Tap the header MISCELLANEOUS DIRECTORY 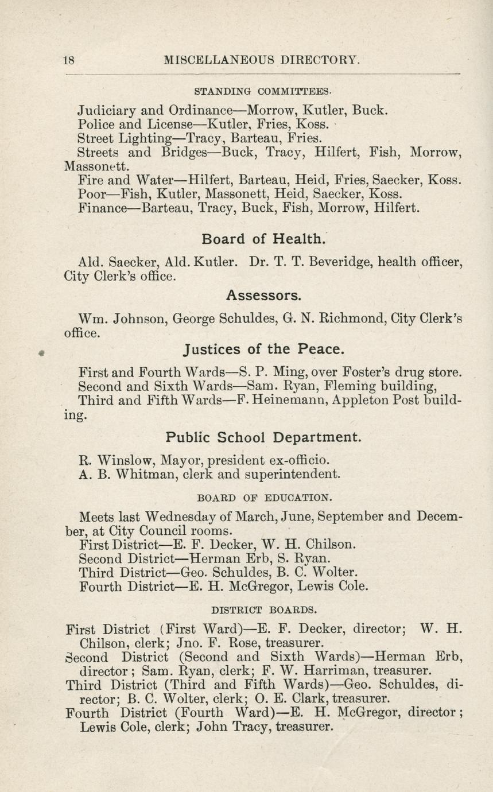pyautogui.click(x=262, y=60)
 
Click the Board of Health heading pyautogui.click(x=265, y=238)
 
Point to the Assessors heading pyautogui.click(x=263, y=295)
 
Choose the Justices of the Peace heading pyautogui.click(x=264, y=349)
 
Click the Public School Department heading pyautogui.click(x=264, y=437)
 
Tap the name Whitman pyautogui.click(x=145, y=475)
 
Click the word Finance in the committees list pyautogui.click(x=102, y=208)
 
